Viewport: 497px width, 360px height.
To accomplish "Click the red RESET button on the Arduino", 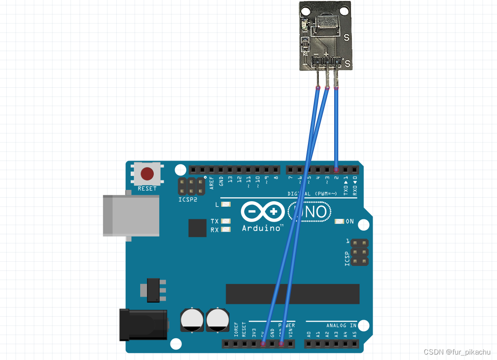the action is pyautogui.click(x=147, y=174).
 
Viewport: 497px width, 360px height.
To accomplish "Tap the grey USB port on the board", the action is pyautogui.click(x=131, y=215).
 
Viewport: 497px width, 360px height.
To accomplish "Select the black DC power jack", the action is pyautogui.click(x=143, y=324).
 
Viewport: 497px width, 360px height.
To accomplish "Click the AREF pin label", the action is pyautogui.click(x=212, y=181).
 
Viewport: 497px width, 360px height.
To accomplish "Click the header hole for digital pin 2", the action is pyautogui.click(x=336, y=170).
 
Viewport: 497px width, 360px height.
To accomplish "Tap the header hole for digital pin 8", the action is pyautogui.click(x=275, y=170).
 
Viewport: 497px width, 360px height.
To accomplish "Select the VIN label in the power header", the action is pyautogui.click(x=290, y=333).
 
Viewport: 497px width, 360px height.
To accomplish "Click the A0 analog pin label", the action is pyautogui.click(x=309, y=334).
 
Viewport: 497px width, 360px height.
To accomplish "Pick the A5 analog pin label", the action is pyautogui.click(x=355, y=334).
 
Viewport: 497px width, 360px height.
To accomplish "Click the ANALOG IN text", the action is pyautogui.click(x=341, y=325).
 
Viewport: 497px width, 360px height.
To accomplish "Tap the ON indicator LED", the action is pyautogui.click(x=340, y=222).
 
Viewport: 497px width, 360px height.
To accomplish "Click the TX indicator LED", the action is pyautogui.click(x=226, y=221).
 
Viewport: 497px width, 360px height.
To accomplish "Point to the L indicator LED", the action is pyautogui.click(x=226, y=204).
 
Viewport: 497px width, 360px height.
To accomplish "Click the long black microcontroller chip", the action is pyautogui.click(x=293, y=294).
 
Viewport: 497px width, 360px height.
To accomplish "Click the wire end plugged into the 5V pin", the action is pyautogui.click(x=263, y=344).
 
